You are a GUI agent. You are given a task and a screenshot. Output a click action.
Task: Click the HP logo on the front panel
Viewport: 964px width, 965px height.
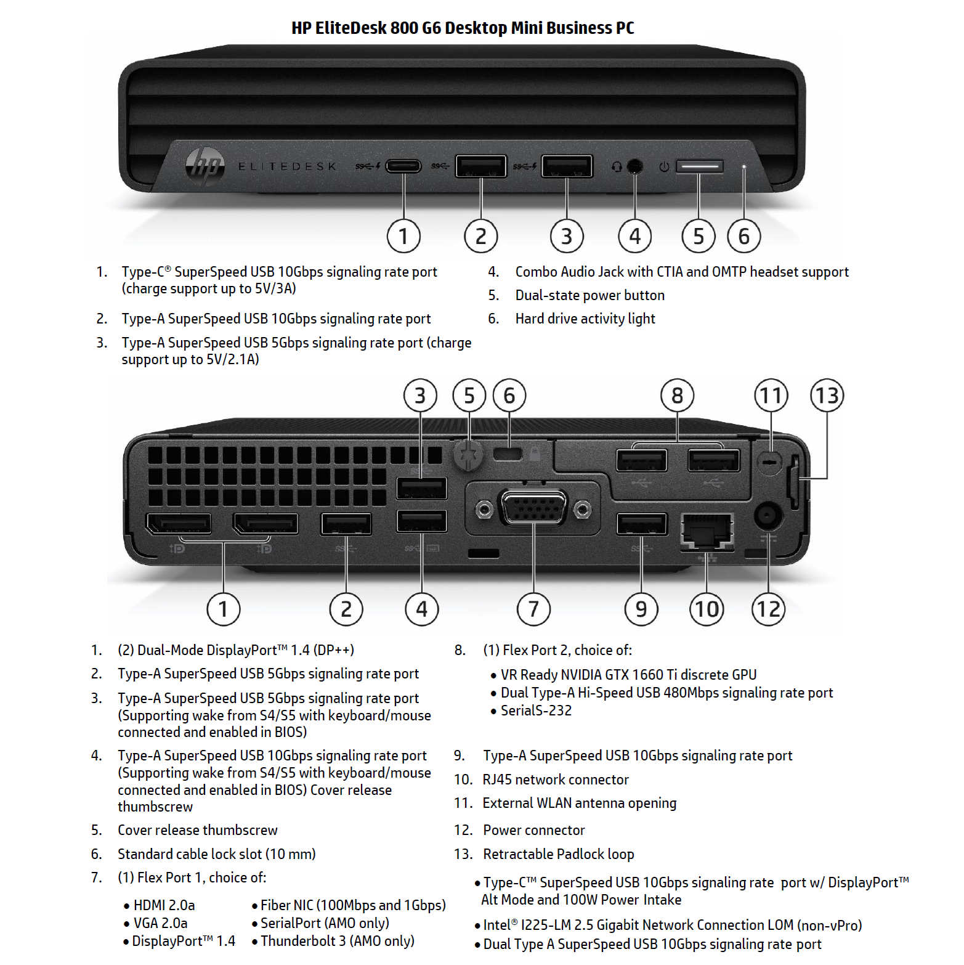click(205, 165)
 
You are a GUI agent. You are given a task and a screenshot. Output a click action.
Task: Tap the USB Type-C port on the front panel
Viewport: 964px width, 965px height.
click(403, 166)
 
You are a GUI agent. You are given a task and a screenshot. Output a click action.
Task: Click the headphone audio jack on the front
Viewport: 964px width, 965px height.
click(634, 166)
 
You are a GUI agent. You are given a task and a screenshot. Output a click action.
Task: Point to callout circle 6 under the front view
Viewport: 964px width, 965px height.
click(744, 236)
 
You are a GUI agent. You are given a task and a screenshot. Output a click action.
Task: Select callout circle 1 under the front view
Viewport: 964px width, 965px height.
click(403, 236)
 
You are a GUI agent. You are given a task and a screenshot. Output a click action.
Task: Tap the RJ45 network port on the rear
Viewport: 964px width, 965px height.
click(707, 530)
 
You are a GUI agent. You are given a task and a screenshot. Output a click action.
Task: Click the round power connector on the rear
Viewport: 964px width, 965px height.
click(768, 515)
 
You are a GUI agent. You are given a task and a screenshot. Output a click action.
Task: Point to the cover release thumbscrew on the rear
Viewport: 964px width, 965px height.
click(468, 455)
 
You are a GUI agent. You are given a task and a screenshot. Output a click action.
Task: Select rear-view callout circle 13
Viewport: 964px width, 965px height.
click(827, 395)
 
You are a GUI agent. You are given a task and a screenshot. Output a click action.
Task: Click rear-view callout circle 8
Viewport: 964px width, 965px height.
click(677, 395)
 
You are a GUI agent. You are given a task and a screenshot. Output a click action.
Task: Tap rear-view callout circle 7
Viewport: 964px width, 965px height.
click(533, 609)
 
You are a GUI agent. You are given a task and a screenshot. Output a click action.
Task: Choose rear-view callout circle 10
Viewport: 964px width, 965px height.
click(707, 609)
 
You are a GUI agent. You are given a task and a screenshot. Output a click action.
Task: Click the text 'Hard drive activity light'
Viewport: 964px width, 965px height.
click(585, 319)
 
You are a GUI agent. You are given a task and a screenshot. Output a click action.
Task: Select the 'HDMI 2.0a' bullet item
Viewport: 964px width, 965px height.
click(164, 905)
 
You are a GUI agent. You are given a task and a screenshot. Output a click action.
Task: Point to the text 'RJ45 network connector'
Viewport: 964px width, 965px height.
click(556, 780)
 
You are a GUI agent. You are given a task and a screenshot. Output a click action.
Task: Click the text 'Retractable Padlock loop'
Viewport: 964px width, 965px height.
click(559, 854)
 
